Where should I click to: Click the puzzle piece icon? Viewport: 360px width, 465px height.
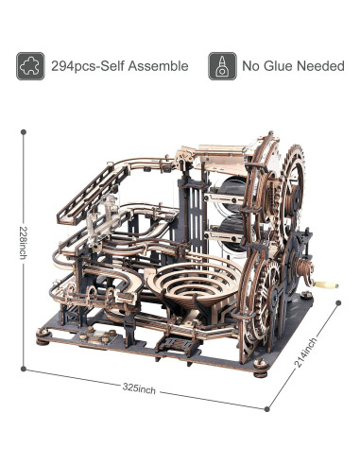(30, 66)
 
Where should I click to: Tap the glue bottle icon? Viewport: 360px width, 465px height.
(222, 66)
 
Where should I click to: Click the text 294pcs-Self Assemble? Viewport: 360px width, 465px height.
(120, 66)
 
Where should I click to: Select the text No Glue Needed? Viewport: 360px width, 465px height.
(293, 66)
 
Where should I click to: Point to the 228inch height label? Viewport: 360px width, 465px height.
(23, 243)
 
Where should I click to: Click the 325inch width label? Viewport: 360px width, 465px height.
(139, 388)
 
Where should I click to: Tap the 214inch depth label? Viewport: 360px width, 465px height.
(305, 353)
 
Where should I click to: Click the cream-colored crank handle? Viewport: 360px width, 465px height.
(328, 284)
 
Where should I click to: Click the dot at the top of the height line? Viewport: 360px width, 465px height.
(23, 132)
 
